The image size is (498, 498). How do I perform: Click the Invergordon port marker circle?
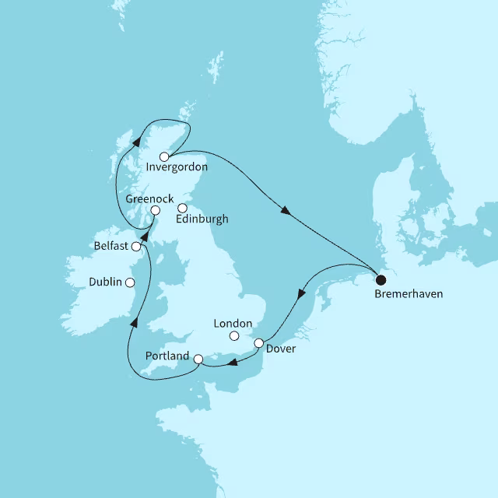[x=164, y=156]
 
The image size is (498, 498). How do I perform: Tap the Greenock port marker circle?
[x=156, y=210]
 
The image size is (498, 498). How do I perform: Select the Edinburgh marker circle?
[x=182, y=208]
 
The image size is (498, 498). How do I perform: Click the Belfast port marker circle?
[x=136, y=247]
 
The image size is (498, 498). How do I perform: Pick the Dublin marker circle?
[x=130, y=282]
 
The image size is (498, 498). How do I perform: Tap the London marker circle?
[x=233, y=336]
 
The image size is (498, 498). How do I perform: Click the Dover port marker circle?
[x=259, y=343]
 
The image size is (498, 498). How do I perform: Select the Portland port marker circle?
[x=198, y=359]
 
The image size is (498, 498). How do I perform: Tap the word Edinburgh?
[x=202, y=219]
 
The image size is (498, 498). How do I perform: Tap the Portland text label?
[x=167, y=356]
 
